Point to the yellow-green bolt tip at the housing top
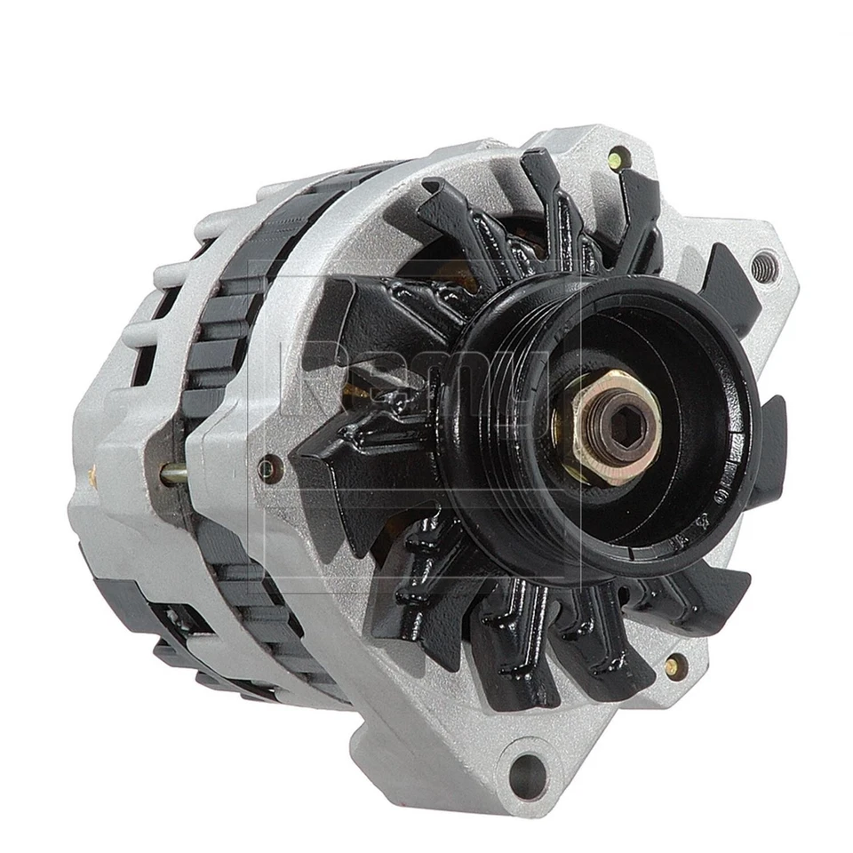coord(615,159)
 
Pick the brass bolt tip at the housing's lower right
coord(674,664)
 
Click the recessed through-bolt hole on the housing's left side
coord(268,466)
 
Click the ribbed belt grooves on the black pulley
coord(498,355)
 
